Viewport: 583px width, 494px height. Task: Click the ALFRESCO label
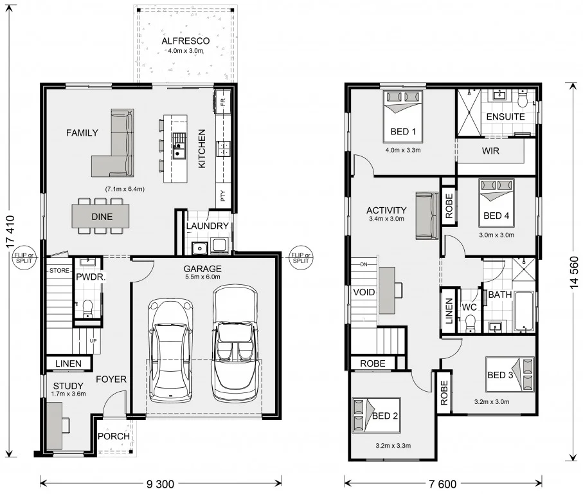point(185,41)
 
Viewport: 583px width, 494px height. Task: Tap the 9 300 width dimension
point(161,483)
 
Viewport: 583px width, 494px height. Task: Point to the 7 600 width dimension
point(443,483)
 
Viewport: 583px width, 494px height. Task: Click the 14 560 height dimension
point(574,271)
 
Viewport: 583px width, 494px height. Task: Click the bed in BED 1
point(403,115)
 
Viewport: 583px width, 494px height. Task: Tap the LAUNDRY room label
point(207,226)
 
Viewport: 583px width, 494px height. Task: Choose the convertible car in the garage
point(234,341)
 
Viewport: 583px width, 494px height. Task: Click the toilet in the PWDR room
point(88,307)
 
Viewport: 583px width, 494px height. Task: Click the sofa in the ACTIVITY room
point(427,215)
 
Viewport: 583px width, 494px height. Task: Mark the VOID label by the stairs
point(363,292)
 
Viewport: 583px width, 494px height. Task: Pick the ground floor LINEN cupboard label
point(68,364)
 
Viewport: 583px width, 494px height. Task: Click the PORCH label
point(114,436)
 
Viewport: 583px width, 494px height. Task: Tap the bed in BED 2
point(375,416)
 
